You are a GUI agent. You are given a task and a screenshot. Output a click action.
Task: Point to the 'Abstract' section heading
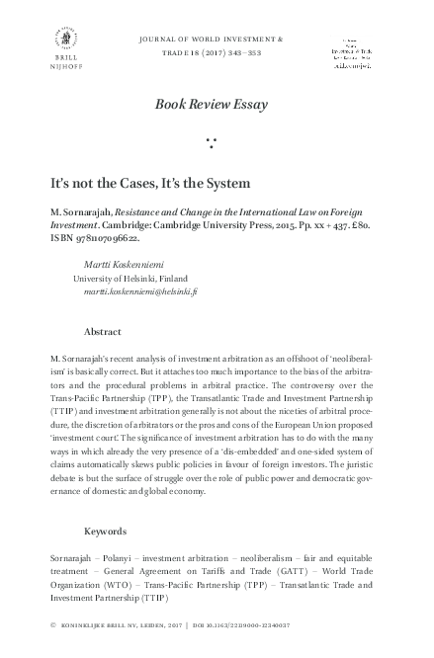103,332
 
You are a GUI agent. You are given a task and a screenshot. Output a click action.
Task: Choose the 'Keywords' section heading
106,530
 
